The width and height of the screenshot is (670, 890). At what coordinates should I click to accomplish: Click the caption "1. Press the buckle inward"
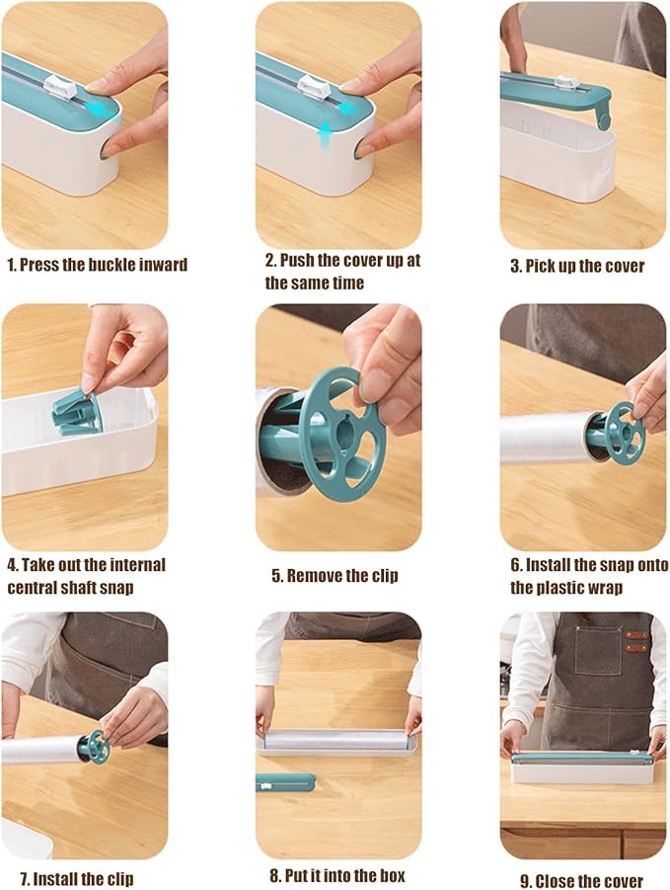(x=97, y=265)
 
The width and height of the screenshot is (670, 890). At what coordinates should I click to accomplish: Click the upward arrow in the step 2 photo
(x=324, y=136)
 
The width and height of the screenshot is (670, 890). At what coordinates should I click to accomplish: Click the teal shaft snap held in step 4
(x=77, y=413)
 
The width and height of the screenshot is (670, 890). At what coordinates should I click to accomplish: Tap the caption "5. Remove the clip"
(x=335, y=576)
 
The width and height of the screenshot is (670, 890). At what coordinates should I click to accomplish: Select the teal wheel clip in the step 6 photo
(x=624, y=432)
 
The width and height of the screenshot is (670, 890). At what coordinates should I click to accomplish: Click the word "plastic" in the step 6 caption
(x=565, y=588)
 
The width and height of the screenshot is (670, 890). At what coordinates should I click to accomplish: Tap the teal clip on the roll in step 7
(x=95, y=747)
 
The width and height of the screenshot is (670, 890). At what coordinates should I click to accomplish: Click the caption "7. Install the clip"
(x=77, y=879)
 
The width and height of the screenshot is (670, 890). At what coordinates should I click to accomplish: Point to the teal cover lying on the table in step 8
(x=285, y=781)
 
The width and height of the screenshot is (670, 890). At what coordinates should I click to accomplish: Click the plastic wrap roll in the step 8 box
(x=336, y=741)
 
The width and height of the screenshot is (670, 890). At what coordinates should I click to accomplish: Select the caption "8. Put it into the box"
(x=337, y=875)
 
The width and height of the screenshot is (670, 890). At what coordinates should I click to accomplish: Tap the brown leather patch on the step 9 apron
(x=636, y=641)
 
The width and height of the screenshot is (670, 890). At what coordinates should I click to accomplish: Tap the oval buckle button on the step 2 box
(x=358, y=150)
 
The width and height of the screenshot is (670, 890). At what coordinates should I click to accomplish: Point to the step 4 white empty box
(x=79, y=448)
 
